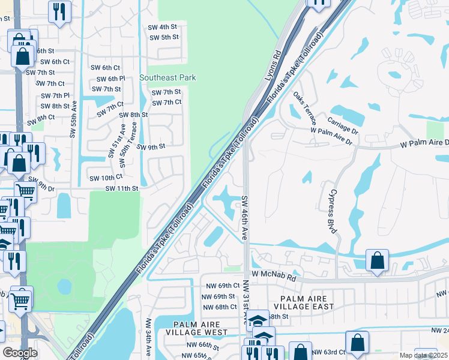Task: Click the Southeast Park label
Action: click(167, 78)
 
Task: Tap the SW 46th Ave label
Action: click(244, 217)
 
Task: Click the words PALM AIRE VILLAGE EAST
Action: click(308, 303)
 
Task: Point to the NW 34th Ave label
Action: click(148, 339)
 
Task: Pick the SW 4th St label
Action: click(163, 28)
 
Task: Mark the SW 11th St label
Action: click(122, 188)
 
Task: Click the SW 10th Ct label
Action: click(106, 178)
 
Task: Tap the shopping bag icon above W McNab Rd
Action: click(376, 261)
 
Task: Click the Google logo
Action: click(20, 353)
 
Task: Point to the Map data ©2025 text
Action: click(423, 355)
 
